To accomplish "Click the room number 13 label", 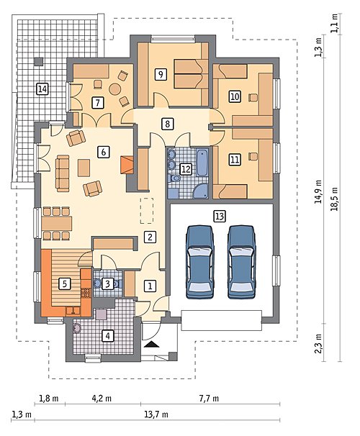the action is [219, 216].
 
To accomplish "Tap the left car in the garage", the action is [199, 262].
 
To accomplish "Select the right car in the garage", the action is [241, 262].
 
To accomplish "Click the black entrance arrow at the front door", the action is [152, 345].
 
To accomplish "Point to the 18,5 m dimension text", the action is [334, 199].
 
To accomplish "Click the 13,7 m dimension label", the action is [156, 415].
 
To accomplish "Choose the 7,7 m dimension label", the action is [209, 399].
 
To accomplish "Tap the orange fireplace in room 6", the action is [127, 165].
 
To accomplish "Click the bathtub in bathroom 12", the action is [202, 163].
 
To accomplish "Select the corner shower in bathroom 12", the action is [201, 191].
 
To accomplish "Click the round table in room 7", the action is [115, 89].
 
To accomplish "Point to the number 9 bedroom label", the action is [161, 75].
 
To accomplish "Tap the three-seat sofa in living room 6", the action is [63, 173].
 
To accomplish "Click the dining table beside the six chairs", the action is [57, 223].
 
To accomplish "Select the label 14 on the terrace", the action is [42, 89].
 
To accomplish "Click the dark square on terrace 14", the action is [39, 61].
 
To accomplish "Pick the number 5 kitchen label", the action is [65, 284].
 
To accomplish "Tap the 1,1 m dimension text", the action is [334, 23].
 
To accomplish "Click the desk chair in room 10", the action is [253, 98].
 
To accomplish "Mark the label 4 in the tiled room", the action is [108, 335].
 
